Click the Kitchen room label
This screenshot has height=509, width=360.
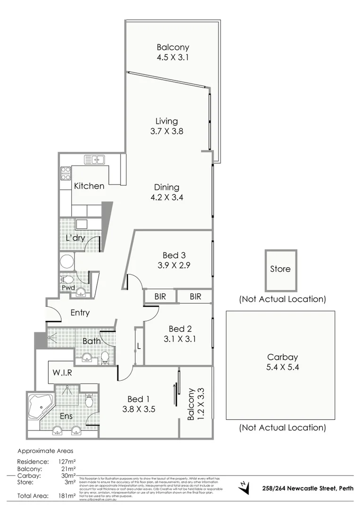pos(89,186)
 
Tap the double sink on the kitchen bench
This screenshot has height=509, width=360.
pos(94,160)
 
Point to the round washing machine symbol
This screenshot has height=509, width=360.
pos(67,262)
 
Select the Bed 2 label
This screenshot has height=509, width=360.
pos(180,328)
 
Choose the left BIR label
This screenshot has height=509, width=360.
pos(160,296)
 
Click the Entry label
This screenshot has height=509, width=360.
pos(80,312)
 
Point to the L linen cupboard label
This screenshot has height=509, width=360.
pos(139,346)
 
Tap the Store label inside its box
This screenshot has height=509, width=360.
pos(280,269)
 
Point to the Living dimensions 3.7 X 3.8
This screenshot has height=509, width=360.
pos(166,131)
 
